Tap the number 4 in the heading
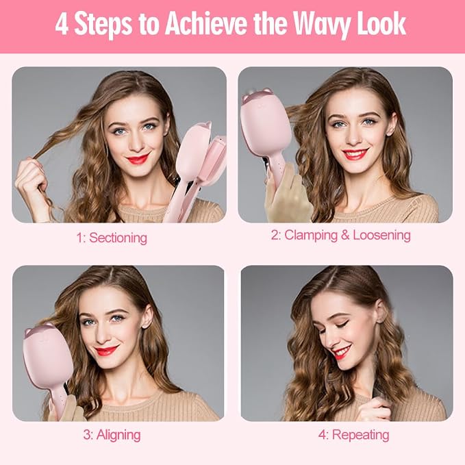(62, 24)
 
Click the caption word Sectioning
(118, 238)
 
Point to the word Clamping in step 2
(311, 235)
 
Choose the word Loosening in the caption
(381, 235)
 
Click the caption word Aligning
(118, 435)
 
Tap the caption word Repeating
(360, 435)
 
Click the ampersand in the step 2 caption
(345, 235)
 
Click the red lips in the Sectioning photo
(138, 159)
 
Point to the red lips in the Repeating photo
(342, 352)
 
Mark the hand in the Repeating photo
(374, 409)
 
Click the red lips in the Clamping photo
(355, 154)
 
